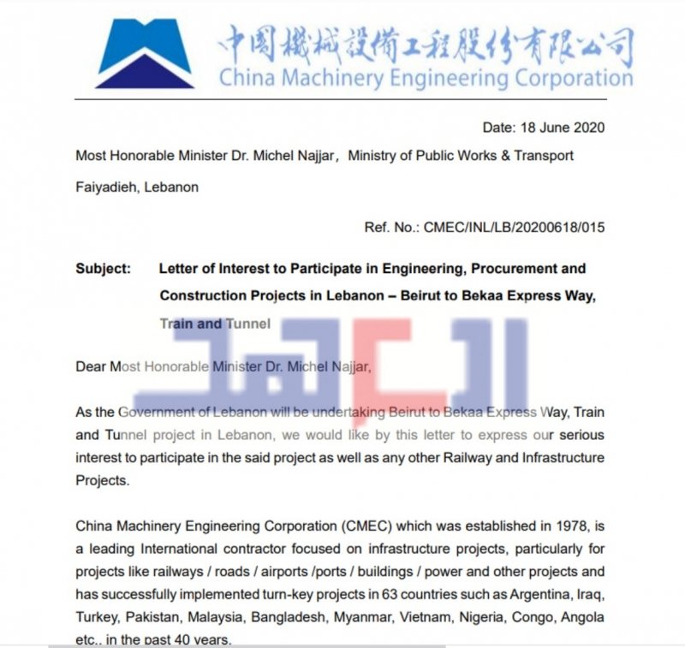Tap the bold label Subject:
104,268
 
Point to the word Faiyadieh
104,187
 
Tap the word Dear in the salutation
91,366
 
